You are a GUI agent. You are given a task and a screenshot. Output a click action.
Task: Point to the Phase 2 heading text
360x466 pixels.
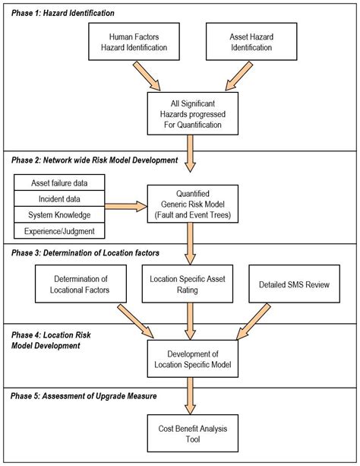coord(94,160)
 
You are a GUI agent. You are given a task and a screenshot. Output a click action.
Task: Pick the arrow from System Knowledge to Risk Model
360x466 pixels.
coord(125,206)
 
